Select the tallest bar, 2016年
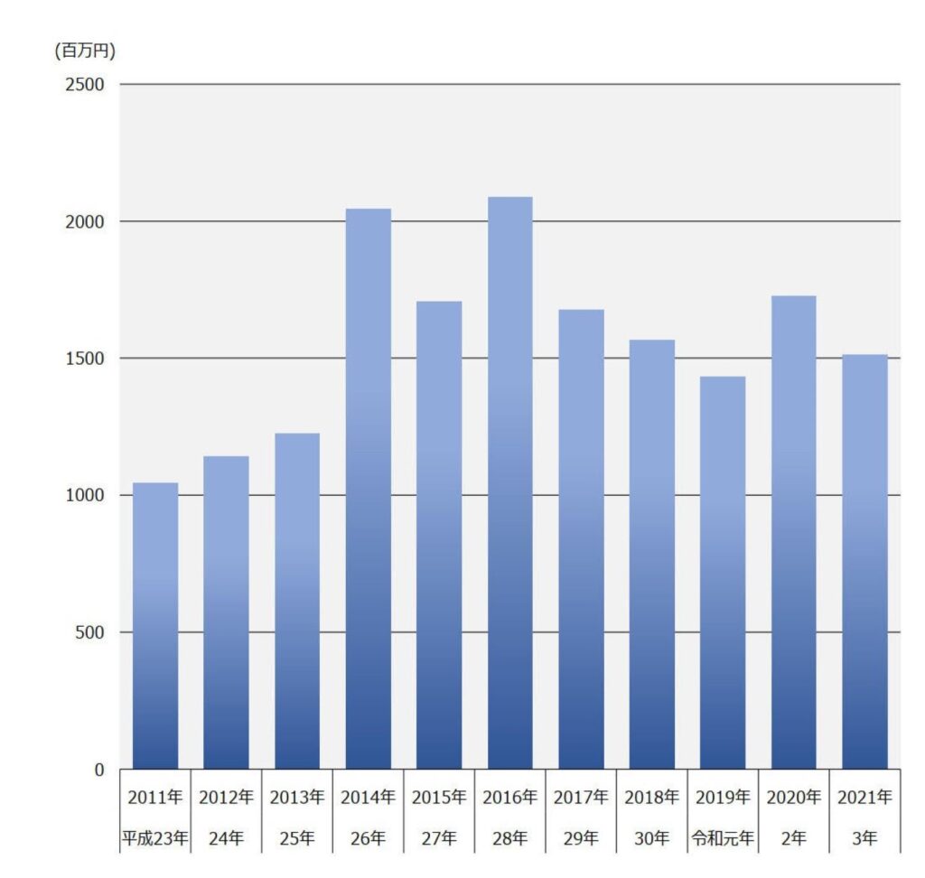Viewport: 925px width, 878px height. coord(510,483)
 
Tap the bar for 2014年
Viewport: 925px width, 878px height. coord(369,489)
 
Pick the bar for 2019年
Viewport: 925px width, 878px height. coord(723,573)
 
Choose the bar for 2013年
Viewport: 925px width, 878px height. coord(297,602)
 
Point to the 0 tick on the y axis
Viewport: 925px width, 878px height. coord(99,770)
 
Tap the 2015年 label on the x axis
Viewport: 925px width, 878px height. coord(439,798)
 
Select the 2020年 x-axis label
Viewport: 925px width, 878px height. coord(794,798)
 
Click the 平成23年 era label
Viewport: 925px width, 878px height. coord(155,838)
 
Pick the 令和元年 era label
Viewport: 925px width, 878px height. coord(723,838)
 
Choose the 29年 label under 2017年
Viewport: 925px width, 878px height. coord(581,838)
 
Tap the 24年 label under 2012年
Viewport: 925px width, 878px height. coord(226,838)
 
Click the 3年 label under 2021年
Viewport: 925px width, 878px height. coord(864,838)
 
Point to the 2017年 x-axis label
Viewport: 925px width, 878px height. coord(581,798)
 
